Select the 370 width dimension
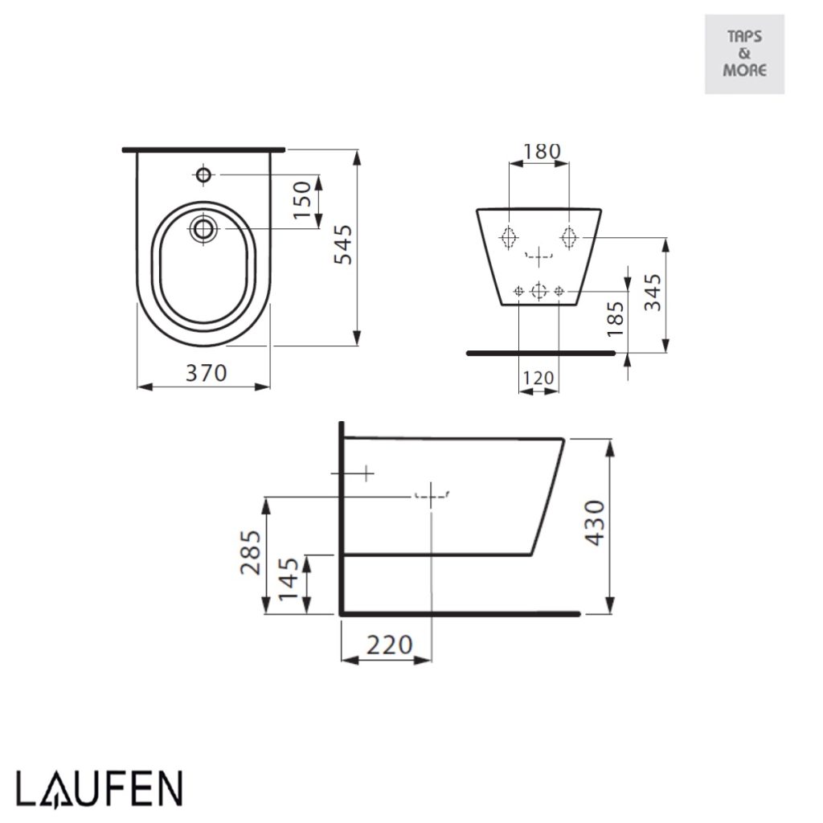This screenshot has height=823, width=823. [x=207, y=373]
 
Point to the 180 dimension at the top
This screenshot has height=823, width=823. [x=542, y=151]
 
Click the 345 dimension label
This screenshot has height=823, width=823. [x=652, y=293]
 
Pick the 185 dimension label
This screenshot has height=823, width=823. [x=615, y=319]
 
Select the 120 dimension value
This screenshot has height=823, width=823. [x=538, y=378]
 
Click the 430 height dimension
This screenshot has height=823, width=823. [x=594, y=523]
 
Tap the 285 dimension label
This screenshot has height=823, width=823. [x=251, y=552]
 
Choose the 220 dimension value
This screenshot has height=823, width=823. [x=389, y=645]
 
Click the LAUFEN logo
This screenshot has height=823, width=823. [x=100, y=788]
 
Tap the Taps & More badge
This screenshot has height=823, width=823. [x=744, y=54]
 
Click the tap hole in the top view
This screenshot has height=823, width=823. [x=203, y=174]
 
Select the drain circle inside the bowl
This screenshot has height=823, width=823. [x=203, y=228]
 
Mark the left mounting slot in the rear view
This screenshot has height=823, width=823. [x=508, y=237]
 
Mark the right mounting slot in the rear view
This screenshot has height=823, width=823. [x=569, y=237]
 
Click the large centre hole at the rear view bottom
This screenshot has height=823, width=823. [x=538, y=290]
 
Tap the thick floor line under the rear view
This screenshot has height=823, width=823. [x=540, y=352]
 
